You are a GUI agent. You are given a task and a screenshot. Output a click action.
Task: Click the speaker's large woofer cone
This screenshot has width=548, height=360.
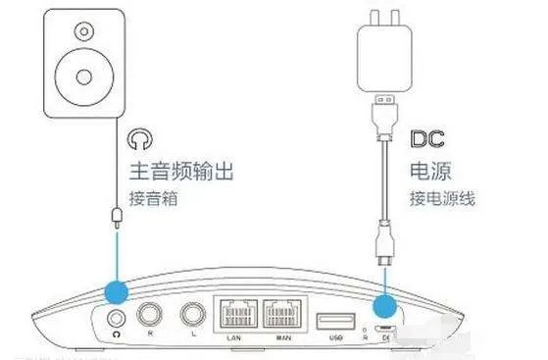[x=77, y=76]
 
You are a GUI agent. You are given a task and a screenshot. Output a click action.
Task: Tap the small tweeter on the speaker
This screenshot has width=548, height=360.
[x=77, y=30]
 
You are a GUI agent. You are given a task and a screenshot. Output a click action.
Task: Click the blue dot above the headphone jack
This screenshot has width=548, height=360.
[x=117, y=289]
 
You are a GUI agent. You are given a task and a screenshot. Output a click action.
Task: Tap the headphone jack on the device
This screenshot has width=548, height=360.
[x=117, y=317]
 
